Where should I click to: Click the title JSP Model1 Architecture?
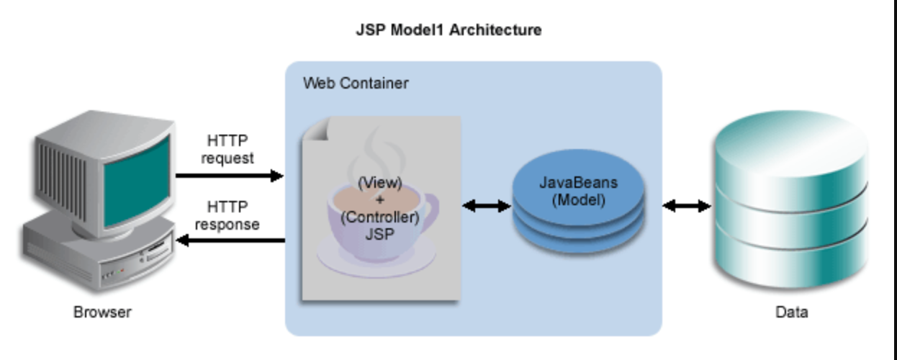click(448, 30)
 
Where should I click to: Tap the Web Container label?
click(355, 84)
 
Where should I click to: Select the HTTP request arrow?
click(229, 176)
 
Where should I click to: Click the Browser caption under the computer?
click(102, 312)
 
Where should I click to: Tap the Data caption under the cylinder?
click(791, 312)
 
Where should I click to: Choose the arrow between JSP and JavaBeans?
click(486, 207)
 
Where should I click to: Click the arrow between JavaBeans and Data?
click(686, 207)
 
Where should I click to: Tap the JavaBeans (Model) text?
click(578, 192)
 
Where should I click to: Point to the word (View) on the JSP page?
click(379, 183)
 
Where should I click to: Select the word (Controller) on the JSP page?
click(379, 217)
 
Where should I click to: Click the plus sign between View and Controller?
click(379, 200)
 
